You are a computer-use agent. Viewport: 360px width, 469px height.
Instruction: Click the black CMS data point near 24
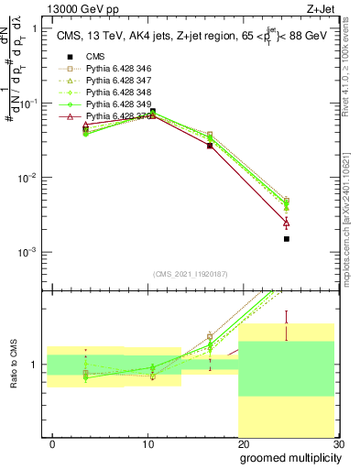point(287,239)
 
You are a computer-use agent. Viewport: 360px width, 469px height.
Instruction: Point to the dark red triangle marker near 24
point(287,223)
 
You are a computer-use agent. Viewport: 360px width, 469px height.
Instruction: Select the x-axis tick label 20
point(243,443)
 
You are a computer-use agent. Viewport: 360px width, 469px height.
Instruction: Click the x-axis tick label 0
point(53,443)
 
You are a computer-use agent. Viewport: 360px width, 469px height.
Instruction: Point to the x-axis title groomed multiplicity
point(289,457)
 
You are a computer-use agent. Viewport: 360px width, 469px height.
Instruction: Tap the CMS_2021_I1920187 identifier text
point(190,274)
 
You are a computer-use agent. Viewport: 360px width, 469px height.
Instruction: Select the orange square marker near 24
point(287,200)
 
